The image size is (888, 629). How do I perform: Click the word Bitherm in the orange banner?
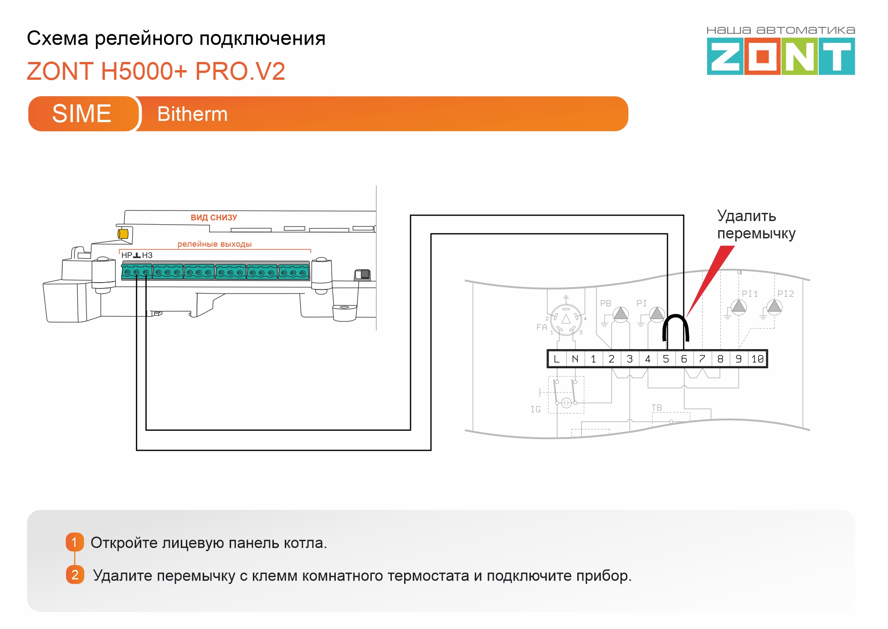point(192,114)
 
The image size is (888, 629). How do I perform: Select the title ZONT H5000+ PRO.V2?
point(156,71)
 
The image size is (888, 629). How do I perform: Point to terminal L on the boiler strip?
point(557,359)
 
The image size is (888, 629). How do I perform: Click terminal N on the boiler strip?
point(575,359)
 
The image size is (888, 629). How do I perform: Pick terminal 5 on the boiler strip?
point(666,359)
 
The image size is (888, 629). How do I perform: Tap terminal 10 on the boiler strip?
point(757,359)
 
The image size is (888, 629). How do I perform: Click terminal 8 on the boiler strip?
point(720,359)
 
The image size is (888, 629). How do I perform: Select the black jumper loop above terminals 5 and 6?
point(675,315)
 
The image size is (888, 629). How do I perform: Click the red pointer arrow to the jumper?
point(710,281)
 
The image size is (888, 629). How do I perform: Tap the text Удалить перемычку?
point(756,225)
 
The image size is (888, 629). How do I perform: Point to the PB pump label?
point(606,303)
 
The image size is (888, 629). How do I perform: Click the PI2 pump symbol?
point(775,307)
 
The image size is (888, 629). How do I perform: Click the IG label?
point(536,409)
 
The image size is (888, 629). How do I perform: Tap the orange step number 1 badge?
point(75,542)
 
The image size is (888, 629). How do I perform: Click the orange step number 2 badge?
point(75,575)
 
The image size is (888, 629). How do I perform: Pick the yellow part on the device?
point(123,234)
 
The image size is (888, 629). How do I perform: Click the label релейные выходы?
point(215,244)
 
